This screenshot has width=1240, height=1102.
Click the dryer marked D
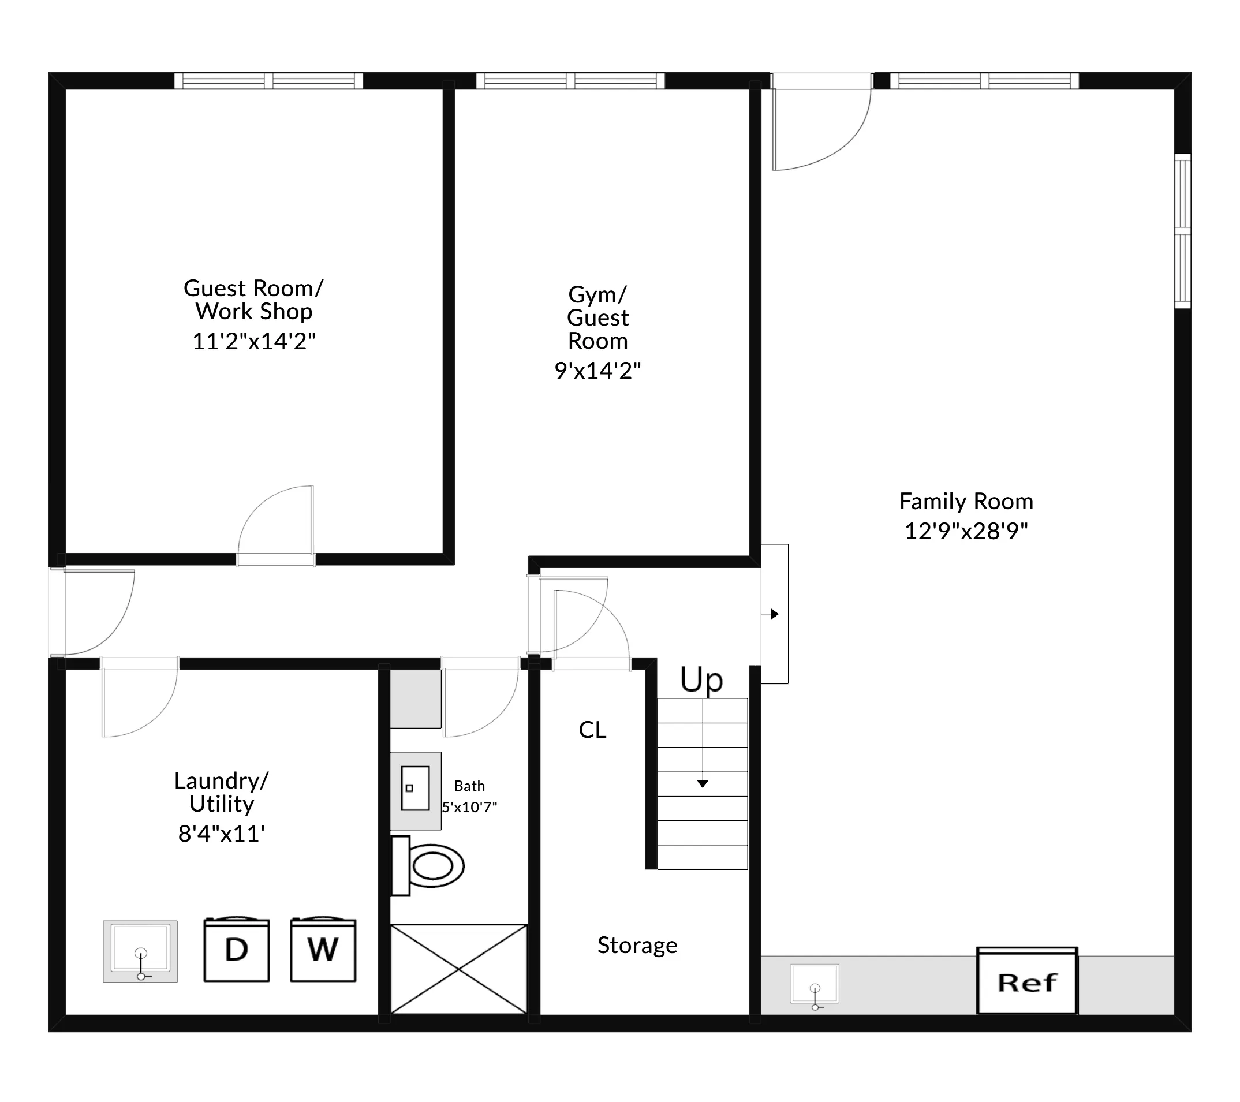pos(237,950)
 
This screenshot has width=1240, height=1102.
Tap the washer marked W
pos(323,950)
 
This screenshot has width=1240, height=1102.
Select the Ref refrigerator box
pos(1026,982)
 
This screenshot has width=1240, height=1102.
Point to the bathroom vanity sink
pos(416,789)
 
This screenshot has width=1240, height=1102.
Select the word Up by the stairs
pos(701,680)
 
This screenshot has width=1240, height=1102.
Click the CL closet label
pos(592,730)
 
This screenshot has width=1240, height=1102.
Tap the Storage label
pos(637,946)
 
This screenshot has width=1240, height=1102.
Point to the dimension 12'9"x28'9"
pos(966,531)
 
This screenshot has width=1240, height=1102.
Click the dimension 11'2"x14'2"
pos(253,342)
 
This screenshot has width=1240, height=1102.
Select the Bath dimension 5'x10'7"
pos(469,807)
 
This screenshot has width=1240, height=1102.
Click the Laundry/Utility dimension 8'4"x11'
pos(222,834)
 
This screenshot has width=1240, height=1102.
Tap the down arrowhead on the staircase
pos(703,783)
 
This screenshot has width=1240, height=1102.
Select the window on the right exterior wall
pos(1182,231)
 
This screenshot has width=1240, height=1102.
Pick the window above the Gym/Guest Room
pos(570,81)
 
